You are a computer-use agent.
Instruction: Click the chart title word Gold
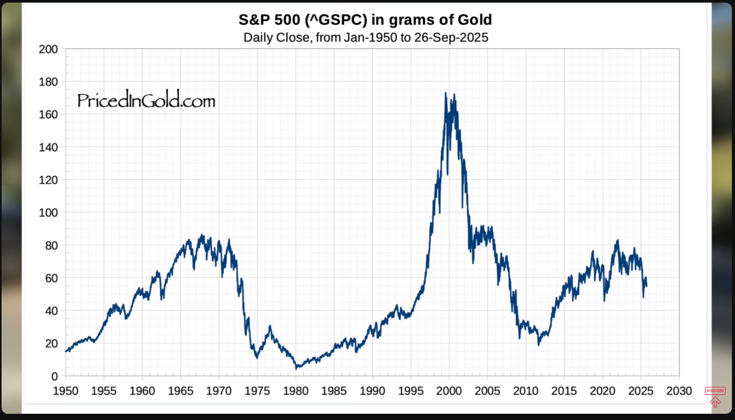[471, 20]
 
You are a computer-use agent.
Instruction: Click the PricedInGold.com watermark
[146, 100]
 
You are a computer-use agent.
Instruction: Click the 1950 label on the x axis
[66, 391]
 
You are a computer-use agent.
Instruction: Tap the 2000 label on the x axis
[449, 391]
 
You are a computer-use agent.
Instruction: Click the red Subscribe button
[715, 390]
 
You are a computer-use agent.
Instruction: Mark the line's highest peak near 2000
[446, 93]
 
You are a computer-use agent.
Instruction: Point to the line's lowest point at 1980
[296, 368]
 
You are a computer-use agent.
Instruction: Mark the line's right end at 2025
[646, 286]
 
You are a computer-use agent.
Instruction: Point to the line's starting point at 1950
[66, 351]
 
